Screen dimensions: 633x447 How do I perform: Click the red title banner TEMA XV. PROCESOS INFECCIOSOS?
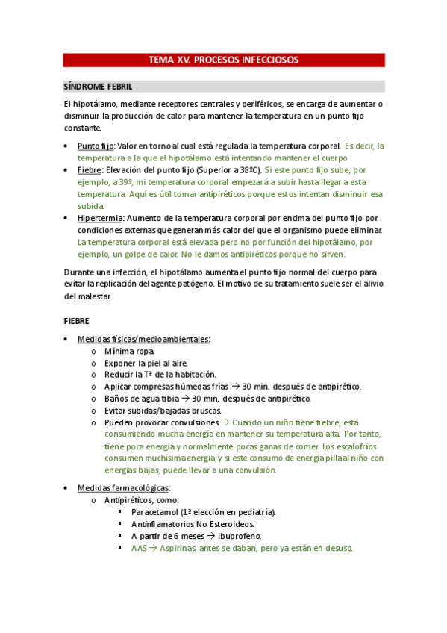pyautogui.click(x=224, y=60)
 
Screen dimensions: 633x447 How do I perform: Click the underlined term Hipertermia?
pyautogui.click(x=100, y=218)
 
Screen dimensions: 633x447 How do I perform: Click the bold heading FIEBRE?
pyautogui.click(x=77, y=321)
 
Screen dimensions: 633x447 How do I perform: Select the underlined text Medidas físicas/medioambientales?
pyautogui.click(x=144, y=339)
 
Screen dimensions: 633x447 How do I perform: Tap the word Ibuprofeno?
pyautogui.click(x=237, y=536)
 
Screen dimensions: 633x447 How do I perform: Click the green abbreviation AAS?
pyautogui.click(x=139, y=548)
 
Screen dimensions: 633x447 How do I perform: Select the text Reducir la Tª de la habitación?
pyautogui.click(x=160, y=375)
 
